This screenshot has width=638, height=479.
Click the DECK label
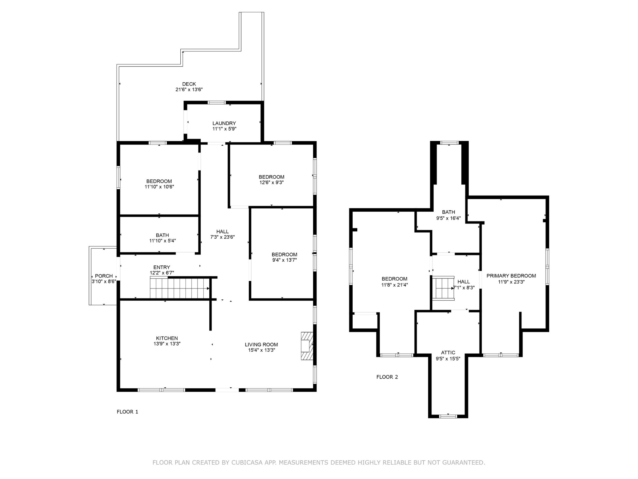coord(189,84)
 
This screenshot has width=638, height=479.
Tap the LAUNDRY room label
coord(224,123)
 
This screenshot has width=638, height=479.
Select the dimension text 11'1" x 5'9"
coord(224,129)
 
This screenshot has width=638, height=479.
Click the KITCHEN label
coord(167,338)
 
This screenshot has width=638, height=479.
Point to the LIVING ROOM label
coord(261,345)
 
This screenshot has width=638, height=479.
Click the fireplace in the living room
coord(307,346)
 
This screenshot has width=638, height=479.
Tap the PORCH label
coord(104,276)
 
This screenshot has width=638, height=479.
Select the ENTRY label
coord(162,267)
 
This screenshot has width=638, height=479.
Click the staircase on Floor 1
coord(180,288)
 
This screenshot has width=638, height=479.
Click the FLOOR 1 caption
coord(127,412)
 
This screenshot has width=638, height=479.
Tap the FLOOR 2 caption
coord(387,377)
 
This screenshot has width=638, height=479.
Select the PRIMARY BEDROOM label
coord(511,276)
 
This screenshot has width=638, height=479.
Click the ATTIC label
coord(448,353)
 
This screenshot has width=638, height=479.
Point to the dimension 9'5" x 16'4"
coord(448,218)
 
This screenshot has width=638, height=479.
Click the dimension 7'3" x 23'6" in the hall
coord(222,237)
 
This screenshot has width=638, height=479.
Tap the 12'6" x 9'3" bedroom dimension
coord(272,182)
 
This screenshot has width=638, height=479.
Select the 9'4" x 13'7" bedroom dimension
coord(284,260)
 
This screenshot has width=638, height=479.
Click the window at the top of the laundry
coord(217,102)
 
